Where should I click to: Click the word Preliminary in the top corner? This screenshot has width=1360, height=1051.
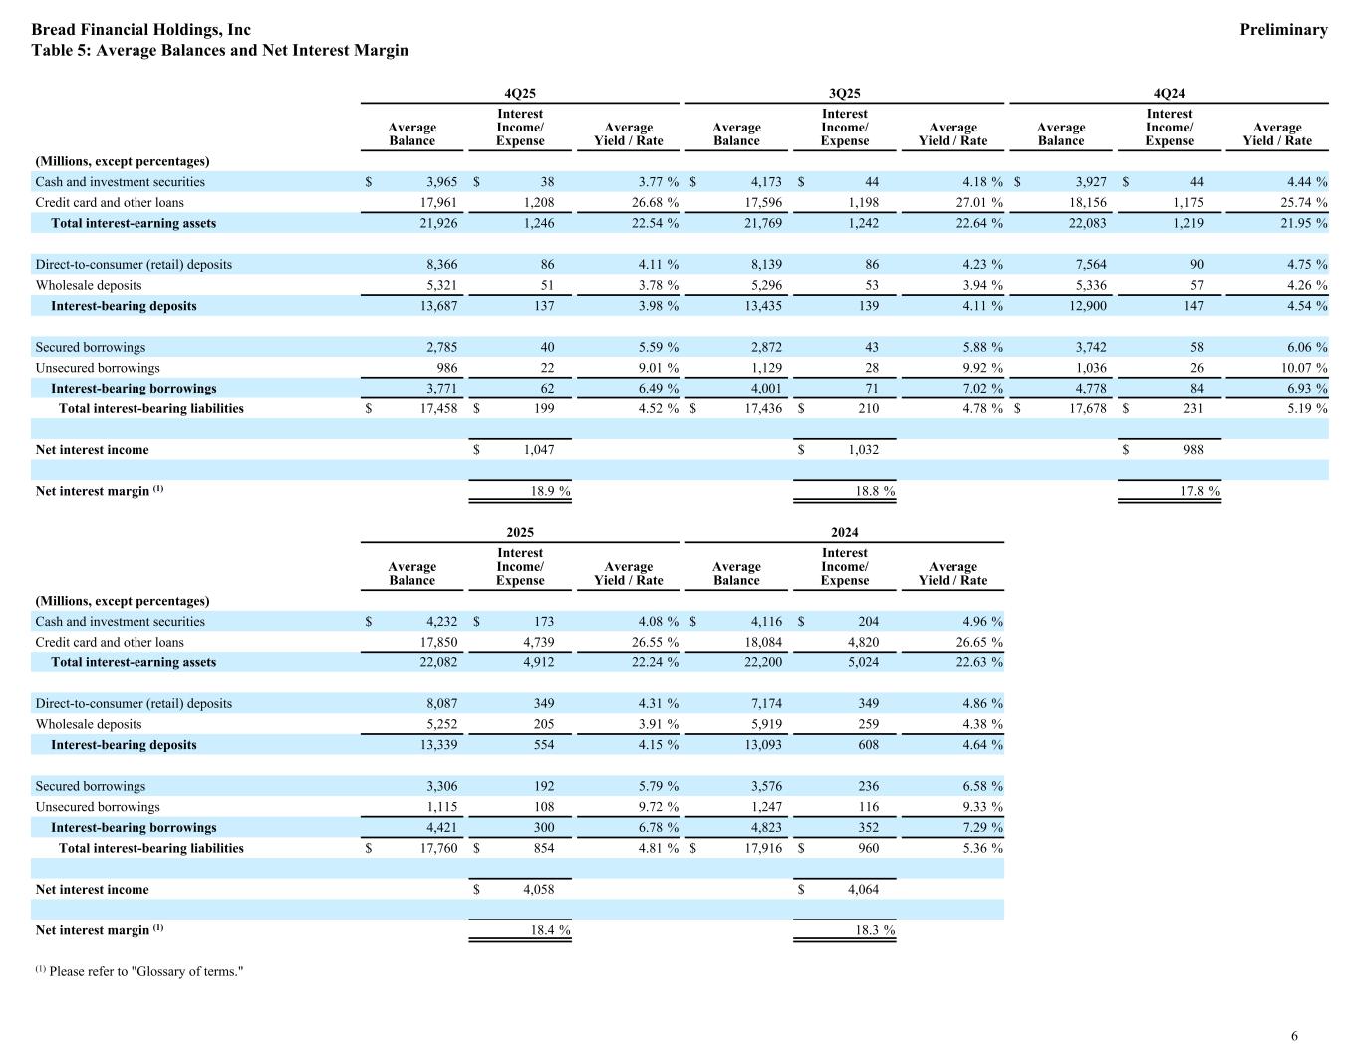pos(1283,30)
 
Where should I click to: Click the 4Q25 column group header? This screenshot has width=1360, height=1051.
pos(520,93)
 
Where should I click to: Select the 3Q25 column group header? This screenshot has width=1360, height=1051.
pos(844,93)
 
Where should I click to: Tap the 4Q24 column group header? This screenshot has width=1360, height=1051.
pos(1169,93)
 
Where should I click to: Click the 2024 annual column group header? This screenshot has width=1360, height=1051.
pos(844,532)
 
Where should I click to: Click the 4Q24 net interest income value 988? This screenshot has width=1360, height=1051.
pos(1192,450)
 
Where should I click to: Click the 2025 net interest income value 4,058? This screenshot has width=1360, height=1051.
pos(538,890)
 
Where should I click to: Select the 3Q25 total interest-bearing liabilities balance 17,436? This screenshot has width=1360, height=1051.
pos(762,408)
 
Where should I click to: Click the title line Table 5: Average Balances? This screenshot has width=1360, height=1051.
pos(219,50)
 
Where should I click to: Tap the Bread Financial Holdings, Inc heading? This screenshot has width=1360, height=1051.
pos(140,30)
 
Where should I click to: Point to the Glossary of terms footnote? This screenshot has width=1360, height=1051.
pos(139,971)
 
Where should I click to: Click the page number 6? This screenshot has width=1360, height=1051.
pos(1294,1036)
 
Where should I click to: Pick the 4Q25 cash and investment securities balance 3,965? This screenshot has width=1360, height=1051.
pos(441,182)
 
